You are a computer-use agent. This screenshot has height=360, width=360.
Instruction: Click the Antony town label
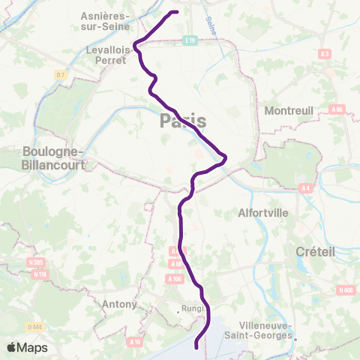click(121, 304)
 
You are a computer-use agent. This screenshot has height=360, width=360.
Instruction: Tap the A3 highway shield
click(325, 54)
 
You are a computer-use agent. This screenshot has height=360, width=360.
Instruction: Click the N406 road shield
click(346, 290)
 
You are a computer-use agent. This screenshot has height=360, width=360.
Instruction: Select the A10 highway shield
click(135, 342)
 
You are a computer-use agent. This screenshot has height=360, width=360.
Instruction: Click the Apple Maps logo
click(27, 348)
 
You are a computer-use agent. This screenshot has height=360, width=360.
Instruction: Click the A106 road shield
click(175, 279)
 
